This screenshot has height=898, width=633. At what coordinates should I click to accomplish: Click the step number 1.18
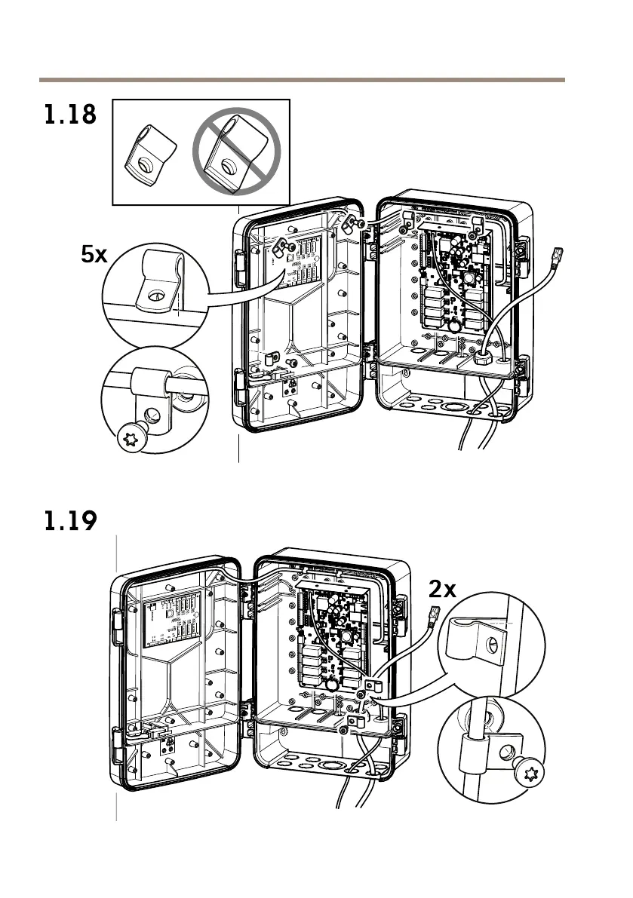(69, 116)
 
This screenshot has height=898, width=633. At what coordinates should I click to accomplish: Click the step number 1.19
(69, 521)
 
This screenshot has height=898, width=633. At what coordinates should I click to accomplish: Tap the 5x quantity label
(94, 255)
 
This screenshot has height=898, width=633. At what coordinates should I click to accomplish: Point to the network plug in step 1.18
(559, 258)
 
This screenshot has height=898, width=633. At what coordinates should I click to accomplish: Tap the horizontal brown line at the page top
(302, 79)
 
